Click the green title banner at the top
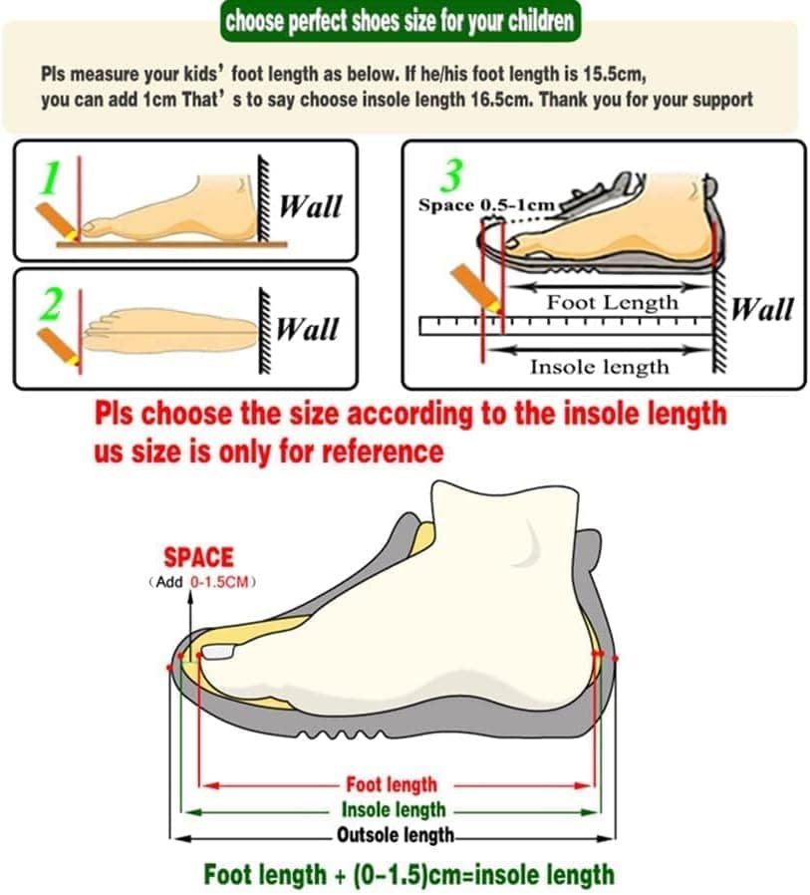400,21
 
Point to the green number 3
451,176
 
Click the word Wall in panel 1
311,206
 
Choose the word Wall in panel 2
307,329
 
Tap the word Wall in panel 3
762,310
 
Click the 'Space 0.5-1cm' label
485,205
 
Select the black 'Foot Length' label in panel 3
612,302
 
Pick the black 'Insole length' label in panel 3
599,367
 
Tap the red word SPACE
198,557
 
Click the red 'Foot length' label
392,785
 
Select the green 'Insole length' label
394,810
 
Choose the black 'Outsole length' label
396,834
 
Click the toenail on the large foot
219,653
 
